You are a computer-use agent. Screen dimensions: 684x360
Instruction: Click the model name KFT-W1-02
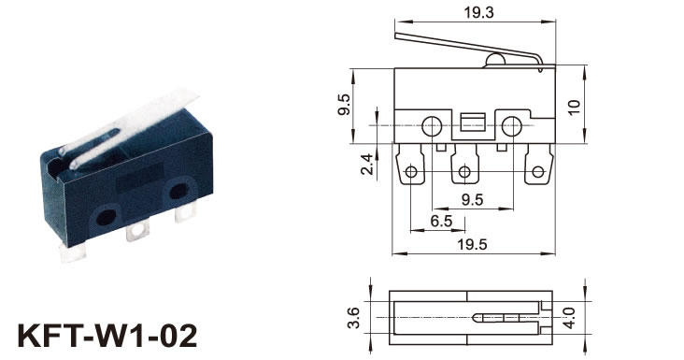pos(107,336)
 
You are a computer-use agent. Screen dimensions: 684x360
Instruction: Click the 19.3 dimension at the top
pos(478,13)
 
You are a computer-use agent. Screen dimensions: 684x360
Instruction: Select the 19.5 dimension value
pos(472,244)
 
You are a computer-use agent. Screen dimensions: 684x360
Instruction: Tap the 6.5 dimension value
pos(441,222)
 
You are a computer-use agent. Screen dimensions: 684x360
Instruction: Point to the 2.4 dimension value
pos(367,164)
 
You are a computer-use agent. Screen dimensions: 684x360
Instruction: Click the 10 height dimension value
pos(575,107)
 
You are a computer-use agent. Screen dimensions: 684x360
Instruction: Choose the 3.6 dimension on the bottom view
pos(353,318)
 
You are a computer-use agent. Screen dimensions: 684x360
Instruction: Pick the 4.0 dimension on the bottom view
pos(569,318)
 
